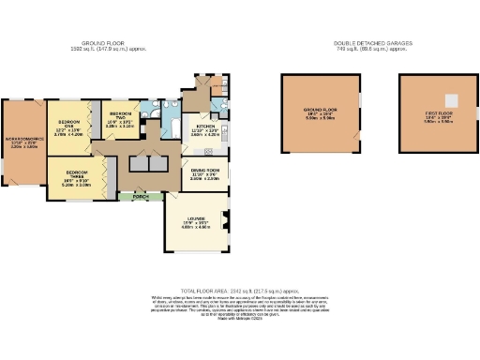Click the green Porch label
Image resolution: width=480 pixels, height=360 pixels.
pyautogui.click(x=141, y=198)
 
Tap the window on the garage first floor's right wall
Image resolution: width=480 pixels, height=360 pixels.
pyautogui.click(x=477, y=113)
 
